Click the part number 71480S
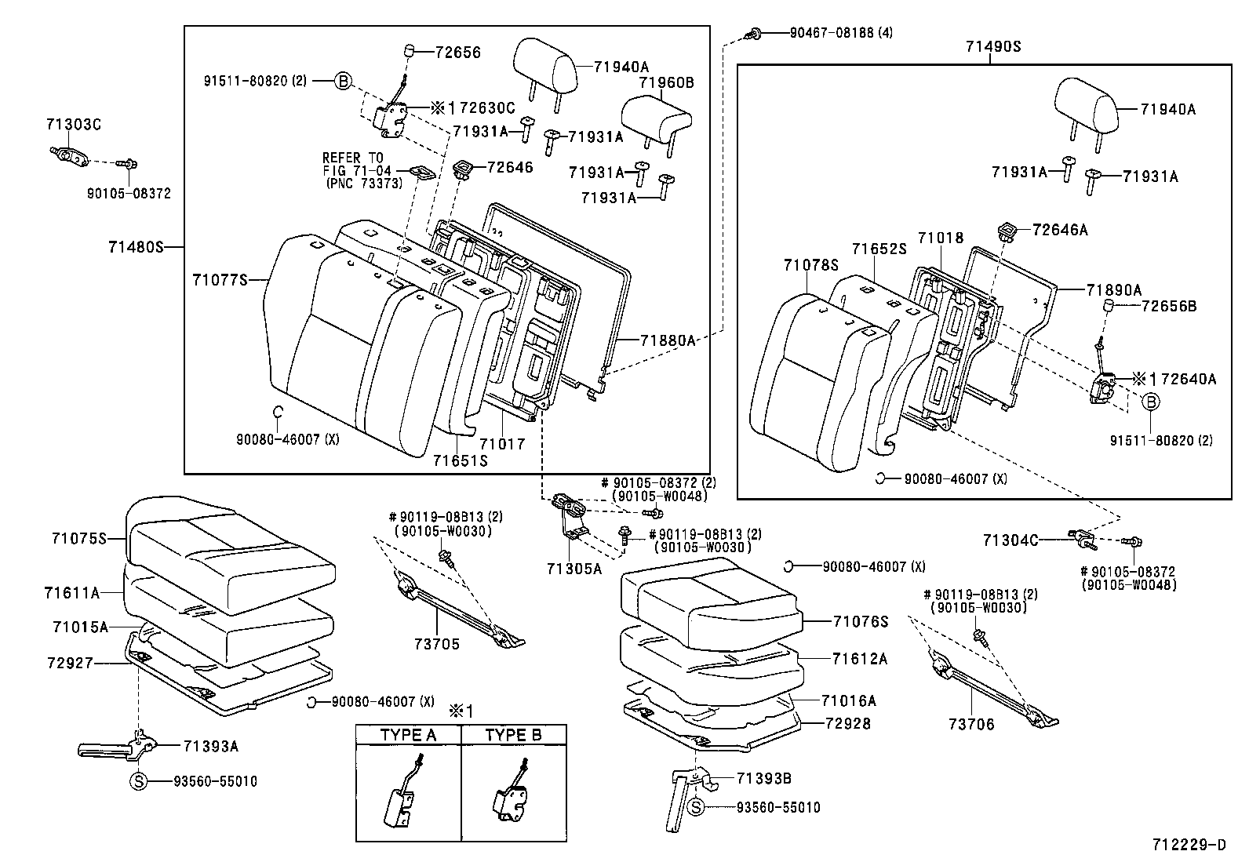pyautogui.click(x=135, y=247)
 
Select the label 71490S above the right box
pyautogui.click(x=993, y=46)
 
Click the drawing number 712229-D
pyautogui.click(x=1188, y=845)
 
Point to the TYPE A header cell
pyautogui.click(x=408, y=735)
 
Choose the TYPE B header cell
pyautogui.click(x=513, y=735)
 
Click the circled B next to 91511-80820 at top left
pyautogui.click(x=343, y=81)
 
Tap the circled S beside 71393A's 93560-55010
pyautogui.click(x=138, y=781)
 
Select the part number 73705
pyautogui.click(x=437, y=644)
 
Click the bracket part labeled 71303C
pyautogui.click(x=71, y=155)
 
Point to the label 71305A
pyautogui.click(x=574, y=569)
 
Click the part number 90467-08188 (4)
pyautogui.click(x=830, y=33)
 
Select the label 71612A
pyautogui.click(x=860, y=659)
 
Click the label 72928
pyautogui.click(x=848, y=723)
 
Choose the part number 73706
pyautogui.click(x=970, y=725)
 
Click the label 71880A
pyautogui.click(x=668, y=340)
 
